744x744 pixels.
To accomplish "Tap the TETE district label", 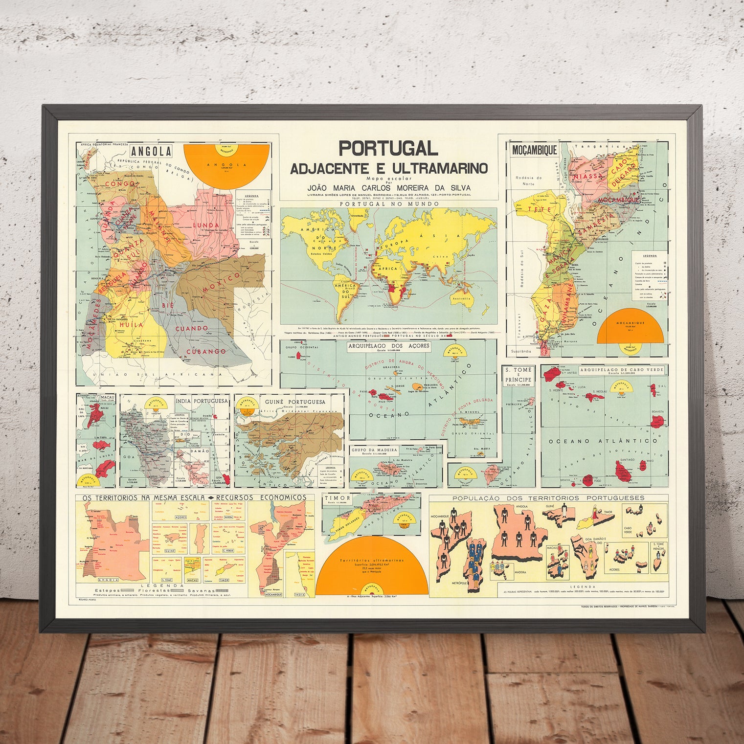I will coord(542,209).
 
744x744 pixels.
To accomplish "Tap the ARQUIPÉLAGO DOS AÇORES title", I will coord(388,345).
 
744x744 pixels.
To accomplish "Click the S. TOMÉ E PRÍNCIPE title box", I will coord(519,375).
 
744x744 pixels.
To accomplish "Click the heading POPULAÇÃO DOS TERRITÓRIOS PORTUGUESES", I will coord(548,498).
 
